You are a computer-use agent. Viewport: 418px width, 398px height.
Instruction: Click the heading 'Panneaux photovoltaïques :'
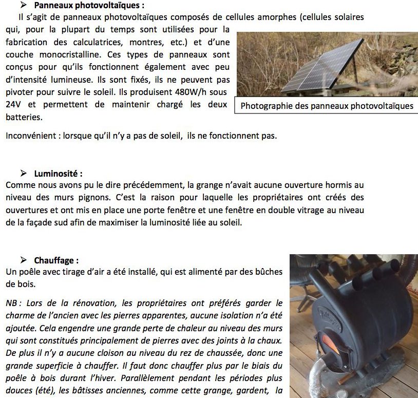click(82, 6)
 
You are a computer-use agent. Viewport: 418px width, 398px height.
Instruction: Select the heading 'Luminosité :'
click(58, 173)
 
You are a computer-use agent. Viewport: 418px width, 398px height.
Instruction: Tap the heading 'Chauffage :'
click(56, 260)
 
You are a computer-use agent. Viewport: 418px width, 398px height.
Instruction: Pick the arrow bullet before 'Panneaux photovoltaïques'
click(23, 6)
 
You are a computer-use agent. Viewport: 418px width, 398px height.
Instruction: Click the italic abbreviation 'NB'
click(11, 303)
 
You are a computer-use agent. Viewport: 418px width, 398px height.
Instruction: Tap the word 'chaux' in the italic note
click(270, 340)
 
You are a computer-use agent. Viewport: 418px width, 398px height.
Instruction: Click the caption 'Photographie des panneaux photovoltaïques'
click(327, 106)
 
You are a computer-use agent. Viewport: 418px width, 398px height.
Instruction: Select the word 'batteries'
click(24, 118)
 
